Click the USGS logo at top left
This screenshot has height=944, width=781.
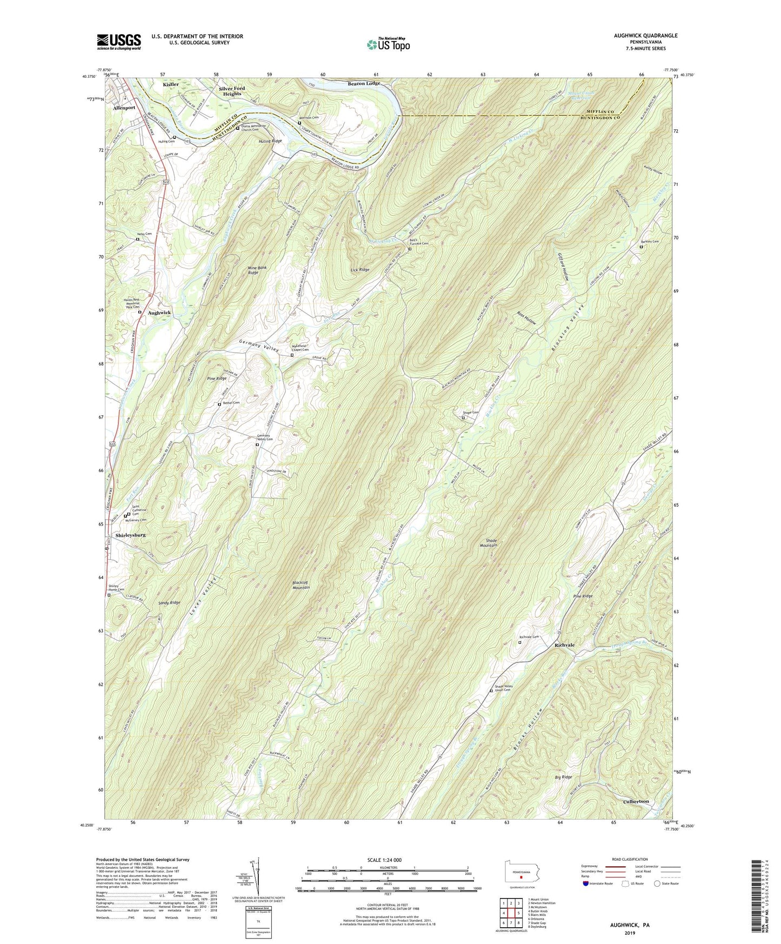pos(119,42)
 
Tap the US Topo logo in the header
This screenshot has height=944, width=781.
pos(388,44)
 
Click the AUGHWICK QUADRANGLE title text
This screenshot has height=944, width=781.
pos(643,36)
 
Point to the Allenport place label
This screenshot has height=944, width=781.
pos(124,108)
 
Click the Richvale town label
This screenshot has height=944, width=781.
pos(564,645)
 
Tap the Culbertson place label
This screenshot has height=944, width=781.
pos(636,801)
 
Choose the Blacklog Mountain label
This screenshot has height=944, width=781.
pos(301,584)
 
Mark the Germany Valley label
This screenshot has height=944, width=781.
pos(260,347)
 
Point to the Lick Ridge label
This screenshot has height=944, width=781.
pos(360,269)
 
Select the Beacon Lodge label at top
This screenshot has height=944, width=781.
pos(363,83)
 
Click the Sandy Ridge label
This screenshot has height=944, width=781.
pos(169,602)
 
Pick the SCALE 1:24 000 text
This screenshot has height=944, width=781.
pos(384,860)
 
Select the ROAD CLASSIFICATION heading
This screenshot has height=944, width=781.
pos(630,859)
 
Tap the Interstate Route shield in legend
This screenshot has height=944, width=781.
pos(586,884)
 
